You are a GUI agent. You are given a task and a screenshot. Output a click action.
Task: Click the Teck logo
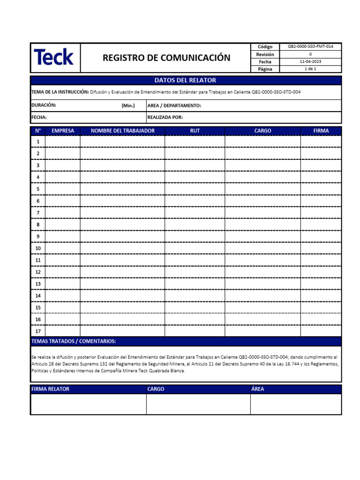(54, 58)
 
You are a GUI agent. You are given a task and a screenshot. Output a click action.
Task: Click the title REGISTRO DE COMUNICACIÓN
(166, 58)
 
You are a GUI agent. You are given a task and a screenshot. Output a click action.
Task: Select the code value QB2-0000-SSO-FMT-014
(310, 47)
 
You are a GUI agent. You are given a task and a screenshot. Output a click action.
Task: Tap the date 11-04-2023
(310, 61)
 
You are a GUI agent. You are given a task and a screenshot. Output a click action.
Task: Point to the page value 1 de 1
(310, 69)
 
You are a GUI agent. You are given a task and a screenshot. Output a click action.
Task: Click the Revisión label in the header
(265, 54)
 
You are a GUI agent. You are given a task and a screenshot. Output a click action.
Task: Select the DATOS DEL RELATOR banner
(186, 80)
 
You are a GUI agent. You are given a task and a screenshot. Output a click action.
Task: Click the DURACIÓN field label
(44, 105)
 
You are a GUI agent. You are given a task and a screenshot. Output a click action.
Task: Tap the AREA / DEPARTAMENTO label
(174, 105)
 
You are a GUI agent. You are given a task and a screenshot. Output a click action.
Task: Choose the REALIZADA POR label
(165, 117)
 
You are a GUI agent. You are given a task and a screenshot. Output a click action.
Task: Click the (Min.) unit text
(128, 105)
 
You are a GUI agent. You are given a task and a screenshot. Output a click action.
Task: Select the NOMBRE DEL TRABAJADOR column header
(122, 131)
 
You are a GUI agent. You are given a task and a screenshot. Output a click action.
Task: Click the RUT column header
(195, 131)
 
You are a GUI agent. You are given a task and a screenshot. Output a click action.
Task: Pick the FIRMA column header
(321, 131)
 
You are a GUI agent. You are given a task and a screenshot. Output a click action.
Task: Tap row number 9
(38, 236)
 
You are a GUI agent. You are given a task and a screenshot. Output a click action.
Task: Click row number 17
(38, 331)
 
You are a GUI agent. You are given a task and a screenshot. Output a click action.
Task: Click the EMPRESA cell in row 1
(62, 141)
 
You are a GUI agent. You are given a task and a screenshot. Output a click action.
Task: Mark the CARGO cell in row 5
(262, 189)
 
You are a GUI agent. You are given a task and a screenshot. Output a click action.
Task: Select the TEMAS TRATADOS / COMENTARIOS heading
(73, 341)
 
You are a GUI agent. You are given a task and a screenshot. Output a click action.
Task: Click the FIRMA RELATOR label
(50, 389)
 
